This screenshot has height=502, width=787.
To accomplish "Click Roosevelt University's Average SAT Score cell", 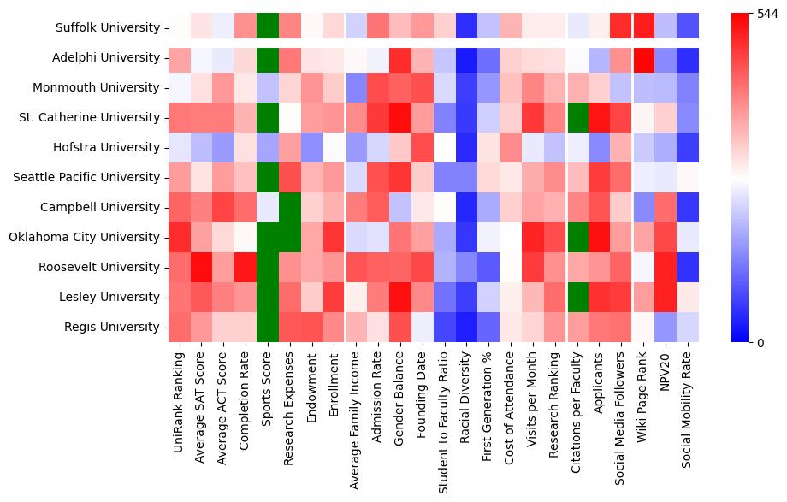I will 201,267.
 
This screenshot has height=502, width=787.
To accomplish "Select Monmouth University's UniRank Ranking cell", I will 179,87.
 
